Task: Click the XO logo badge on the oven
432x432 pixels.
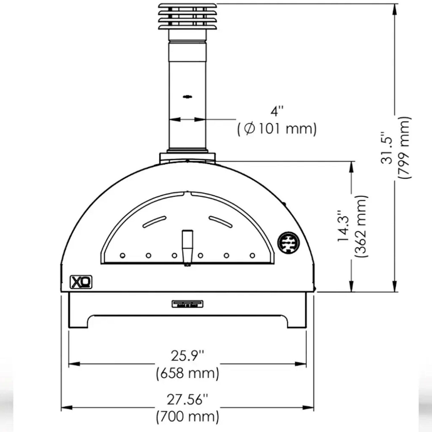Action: pyautogui.click(x=81, y=282)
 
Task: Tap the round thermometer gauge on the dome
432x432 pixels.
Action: pyautogui.click(x=288, y=242)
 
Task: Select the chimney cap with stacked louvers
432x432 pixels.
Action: pyautogui.click(x=187, y=17)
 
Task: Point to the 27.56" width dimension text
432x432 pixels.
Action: pyautogui.click(x=187, y=399)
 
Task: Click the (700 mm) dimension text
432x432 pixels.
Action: pyautogui.click(x=187, y=416)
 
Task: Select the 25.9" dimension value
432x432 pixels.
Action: pyautogui.click(x=187, y=356)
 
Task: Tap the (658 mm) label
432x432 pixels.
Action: pyautogui.click(x=187, y=373)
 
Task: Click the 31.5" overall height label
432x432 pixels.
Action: pyautogui.click(x=387, y=148)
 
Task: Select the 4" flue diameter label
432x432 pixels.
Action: pyautogui.click(x=277, y=111)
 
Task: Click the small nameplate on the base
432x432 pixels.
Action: pyautogui.click(x=187, y=304)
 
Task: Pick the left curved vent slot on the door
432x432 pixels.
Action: pyautogui.click(x=154, y=222)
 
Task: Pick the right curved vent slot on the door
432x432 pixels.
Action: pyautogui.click(x=221, y=222)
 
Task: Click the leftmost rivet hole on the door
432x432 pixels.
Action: pyautogui.click(x=122, y=255)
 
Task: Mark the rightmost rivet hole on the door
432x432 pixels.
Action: pyautogui.click(x=252, y=255)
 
